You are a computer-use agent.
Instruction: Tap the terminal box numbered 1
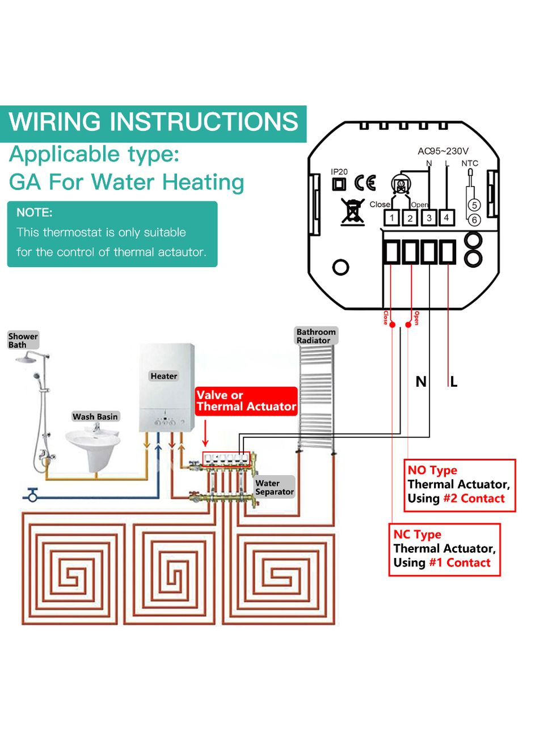392,217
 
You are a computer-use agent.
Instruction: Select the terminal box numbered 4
446,217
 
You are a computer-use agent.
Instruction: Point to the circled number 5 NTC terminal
474,205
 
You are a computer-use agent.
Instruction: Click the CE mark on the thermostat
365,183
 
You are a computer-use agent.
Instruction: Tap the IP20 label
339,171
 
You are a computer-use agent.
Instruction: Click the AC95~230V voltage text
443,151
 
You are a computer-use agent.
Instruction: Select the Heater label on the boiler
164,376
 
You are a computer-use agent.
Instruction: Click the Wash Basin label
95,417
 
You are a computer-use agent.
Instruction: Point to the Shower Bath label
23,340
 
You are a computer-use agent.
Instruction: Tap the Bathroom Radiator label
316,336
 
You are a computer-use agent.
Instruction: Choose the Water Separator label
274,488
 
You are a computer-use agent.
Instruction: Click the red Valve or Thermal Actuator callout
246,401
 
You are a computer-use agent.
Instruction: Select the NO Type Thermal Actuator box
460,485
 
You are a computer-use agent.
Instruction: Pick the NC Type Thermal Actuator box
444,549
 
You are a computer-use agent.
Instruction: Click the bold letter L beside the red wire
454,382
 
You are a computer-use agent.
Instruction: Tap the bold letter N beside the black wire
421,382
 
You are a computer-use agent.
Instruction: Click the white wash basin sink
92,442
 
